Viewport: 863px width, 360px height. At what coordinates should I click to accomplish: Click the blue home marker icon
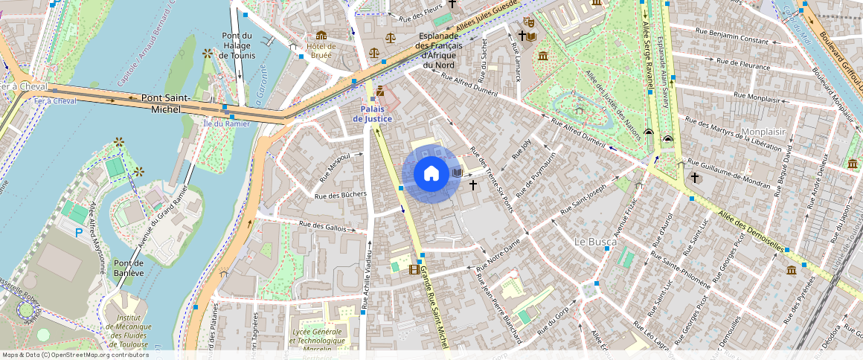[431, 173]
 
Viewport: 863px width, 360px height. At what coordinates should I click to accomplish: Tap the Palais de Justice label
[377, 114]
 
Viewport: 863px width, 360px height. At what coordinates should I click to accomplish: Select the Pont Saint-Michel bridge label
[166, 103]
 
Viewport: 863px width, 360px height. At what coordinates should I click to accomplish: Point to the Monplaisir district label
[764, 132]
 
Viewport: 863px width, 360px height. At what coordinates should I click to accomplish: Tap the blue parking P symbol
[79, 233]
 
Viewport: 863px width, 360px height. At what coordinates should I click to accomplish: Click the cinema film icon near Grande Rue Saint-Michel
[414, 269]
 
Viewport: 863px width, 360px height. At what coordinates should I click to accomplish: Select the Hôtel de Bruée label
[321, 51]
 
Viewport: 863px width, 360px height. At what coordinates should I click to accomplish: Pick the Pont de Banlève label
[128, 268]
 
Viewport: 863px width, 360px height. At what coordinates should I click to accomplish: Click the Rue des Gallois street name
[322, 226]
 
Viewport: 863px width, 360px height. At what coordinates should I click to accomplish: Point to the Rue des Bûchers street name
[341, 195]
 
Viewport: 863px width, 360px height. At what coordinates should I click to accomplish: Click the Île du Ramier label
[226, 123]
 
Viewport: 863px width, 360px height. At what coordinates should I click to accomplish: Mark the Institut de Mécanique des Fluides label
[128, 331]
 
